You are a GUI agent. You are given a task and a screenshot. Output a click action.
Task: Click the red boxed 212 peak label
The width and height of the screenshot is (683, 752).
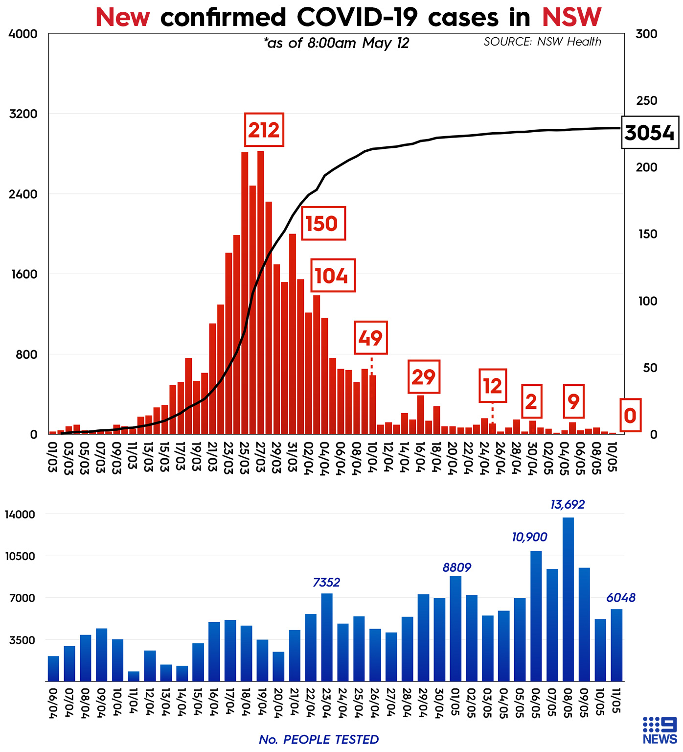click(264, 130)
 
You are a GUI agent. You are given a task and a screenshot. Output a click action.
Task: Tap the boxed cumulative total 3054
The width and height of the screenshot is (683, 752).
click(650, 133)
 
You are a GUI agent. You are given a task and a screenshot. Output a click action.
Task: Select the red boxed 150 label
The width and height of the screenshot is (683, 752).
click(323, 224)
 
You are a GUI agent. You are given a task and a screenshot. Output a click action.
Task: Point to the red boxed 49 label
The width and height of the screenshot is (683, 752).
click(370, 338)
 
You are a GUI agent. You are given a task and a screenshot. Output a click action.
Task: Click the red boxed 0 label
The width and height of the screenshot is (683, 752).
click(630, 416)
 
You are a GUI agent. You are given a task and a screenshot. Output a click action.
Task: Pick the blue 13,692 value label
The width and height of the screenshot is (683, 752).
click(568, 504)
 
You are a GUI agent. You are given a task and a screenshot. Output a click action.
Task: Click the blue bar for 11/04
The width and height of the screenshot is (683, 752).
click(134, 676)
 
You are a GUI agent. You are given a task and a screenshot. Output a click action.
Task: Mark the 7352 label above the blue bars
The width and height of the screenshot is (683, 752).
click(326, 582)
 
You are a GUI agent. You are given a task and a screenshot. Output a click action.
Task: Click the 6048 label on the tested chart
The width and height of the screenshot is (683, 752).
click(621, 598)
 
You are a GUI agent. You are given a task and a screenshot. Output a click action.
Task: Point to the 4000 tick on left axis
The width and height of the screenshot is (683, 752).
click(23, 34)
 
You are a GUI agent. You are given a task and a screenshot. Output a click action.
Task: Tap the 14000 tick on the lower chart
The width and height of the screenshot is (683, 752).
click(20, 514)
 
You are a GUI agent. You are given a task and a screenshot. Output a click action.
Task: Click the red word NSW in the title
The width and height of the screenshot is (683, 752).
click(571, 17)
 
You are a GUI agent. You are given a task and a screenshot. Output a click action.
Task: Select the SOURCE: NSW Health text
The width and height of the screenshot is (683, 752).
click(542, 42)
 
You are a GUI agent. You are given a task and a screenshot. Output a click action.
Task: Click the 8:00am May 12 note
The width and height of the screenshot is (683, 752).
click(337, 43)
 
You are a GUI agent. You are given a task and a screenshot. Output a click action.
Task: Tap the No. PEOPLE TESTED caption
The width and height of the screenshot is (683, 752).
click(319, 739)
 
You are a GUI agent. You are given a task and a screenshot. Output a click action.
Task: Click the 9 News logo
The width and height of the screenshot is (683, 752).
click(660, 730)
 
